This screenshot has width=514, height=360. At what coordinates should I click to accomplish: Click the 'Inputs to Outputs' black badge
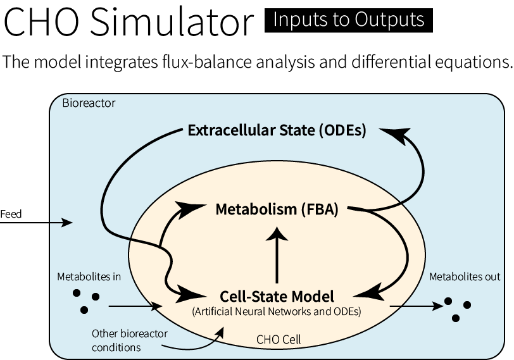click(x=348, y=20)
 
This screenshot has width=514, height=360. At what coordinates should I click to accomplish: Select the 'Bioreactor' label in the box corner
click(x=89, y=103)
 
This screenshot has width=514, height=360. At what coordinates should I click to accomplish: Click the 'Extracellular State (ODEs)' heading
click(x=277, y=131)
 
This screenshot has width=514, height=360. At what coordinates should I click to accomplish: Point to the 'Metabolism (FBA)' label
click(x=277, y=209)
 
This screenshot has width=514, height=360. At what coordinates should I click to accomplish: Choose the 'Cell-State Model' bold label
click(x=277, y=296)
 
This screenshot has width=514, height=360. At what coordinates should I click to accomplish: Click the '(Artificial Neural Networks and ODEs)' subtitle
click(x=277, y=311)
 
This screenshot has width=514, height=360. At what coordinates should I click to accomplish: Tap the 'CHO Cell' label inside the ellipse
click(x=279, y=340)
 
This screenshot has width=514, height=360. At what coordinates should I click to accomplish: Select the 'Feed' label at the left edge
click(x=11, y=214)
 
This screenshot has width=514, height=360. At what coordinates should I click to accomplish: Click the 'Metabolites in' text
click(x=89, y=276)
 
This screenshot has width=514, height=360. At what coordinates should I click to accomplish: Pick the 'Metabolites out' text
click(x=465, y=276)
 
